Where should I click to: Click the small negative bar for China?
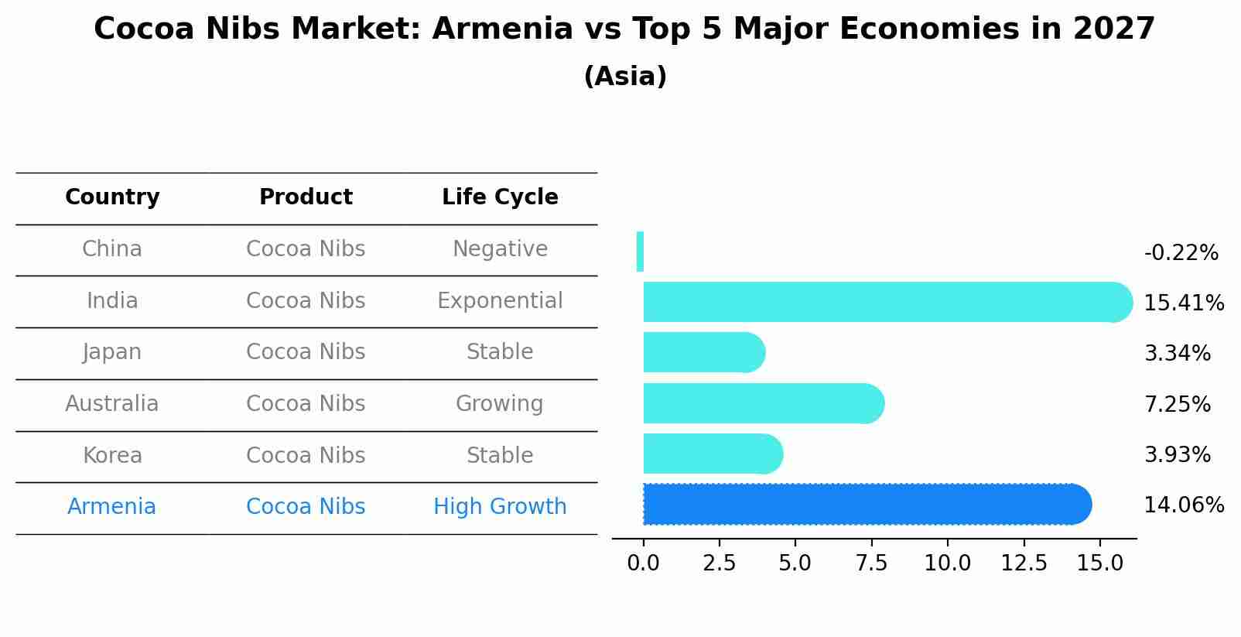pyautogui.click(x=640, y=252)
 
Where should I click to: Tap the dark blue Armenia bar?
pyautogui.click(x=867, y=505)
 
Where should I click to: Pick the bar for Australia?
pyautogui.click(x=763, y=403)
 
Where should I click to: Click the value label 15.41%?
pyautogui.click(x=1183, y=303)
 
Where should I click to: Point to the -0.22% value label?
pyautogui.click(x=1181, y=253)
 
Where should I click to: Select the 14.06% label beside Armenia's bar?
pyautogui.click(x=1183, y=505)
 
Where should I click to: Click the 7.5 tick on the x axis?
pyautogui.click(x=871, y=563)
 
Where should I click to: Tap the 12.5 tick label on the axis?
pyautogui.click(x=1024, y=563)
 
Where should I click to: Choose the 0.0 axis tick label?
pyautogui.click(x=643, y=563)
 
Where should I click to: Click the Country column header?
pyautogui.click(x=112, y=197)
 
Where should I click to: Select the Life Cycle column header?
pyautogui.click(x=500, y=197)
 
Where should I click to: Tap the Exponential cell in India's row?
pyautogui.click(x=500, y=300)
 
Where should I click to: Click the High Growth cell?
pyautogui.click(x=500, y=507)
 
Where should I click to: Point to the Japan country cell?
pyautogui.click(x=112, y=352)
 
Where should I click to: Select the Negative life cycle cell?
pyautogui.click(x=500, y=249)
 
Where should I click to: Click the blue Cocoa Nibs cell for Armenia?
pyautogui.click(x=306, y=507)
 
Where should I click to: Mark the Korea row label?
pyautogui.click(x=112, y=455)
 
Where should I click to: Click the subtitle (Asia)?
pyautogui.click(x=625, y=77)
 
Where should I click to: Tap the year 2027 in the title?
pyautogui.click(x=1113, y=29)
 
